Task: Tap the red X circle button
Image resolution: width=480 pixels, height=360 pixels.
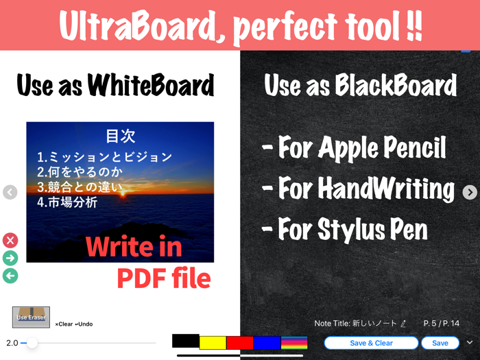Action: pos(10,240)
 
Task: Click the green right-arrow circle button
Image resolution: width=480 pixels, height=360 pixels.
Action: pos(10,258)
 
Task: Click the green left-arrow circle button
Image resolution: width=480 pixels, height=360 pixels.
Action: pos(10,276)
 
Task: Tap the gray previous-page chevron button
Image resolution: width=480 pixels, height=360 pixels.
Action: pos(10,192)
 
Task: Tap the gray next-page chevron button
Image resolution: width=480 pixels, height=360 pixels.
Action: pos(470,192)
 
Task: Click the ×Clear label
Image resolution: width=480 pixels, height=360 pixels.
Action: pos(64,324)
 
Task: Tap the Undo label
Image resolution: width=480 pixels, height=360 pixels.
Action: pos(84,324)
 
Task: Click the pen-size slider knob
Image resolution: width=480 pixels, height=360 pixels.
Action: pos(32,342)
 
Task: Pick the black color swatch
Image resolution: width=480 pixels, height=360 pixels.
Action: pos(185,340)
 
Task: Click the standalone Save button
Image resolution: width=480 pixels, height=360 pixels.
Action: pos(440,343)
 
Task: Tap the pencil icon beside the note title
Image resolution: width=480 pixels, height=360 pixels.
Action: pos(403,323)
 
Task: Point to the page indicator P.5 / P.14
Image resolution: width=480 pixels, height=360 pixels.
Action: pos(441,323)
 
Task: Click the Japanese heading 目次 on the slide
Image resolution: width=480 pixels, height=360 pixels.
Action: pos(120,136)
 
